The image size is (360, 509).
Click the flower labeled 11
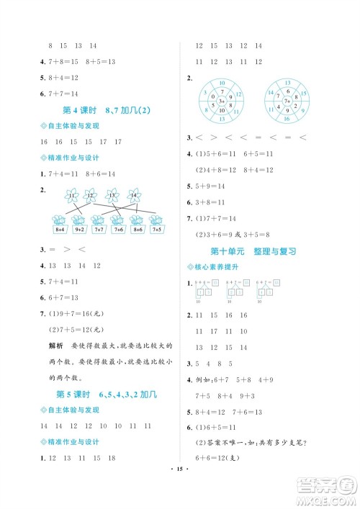tap(71, 194)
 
